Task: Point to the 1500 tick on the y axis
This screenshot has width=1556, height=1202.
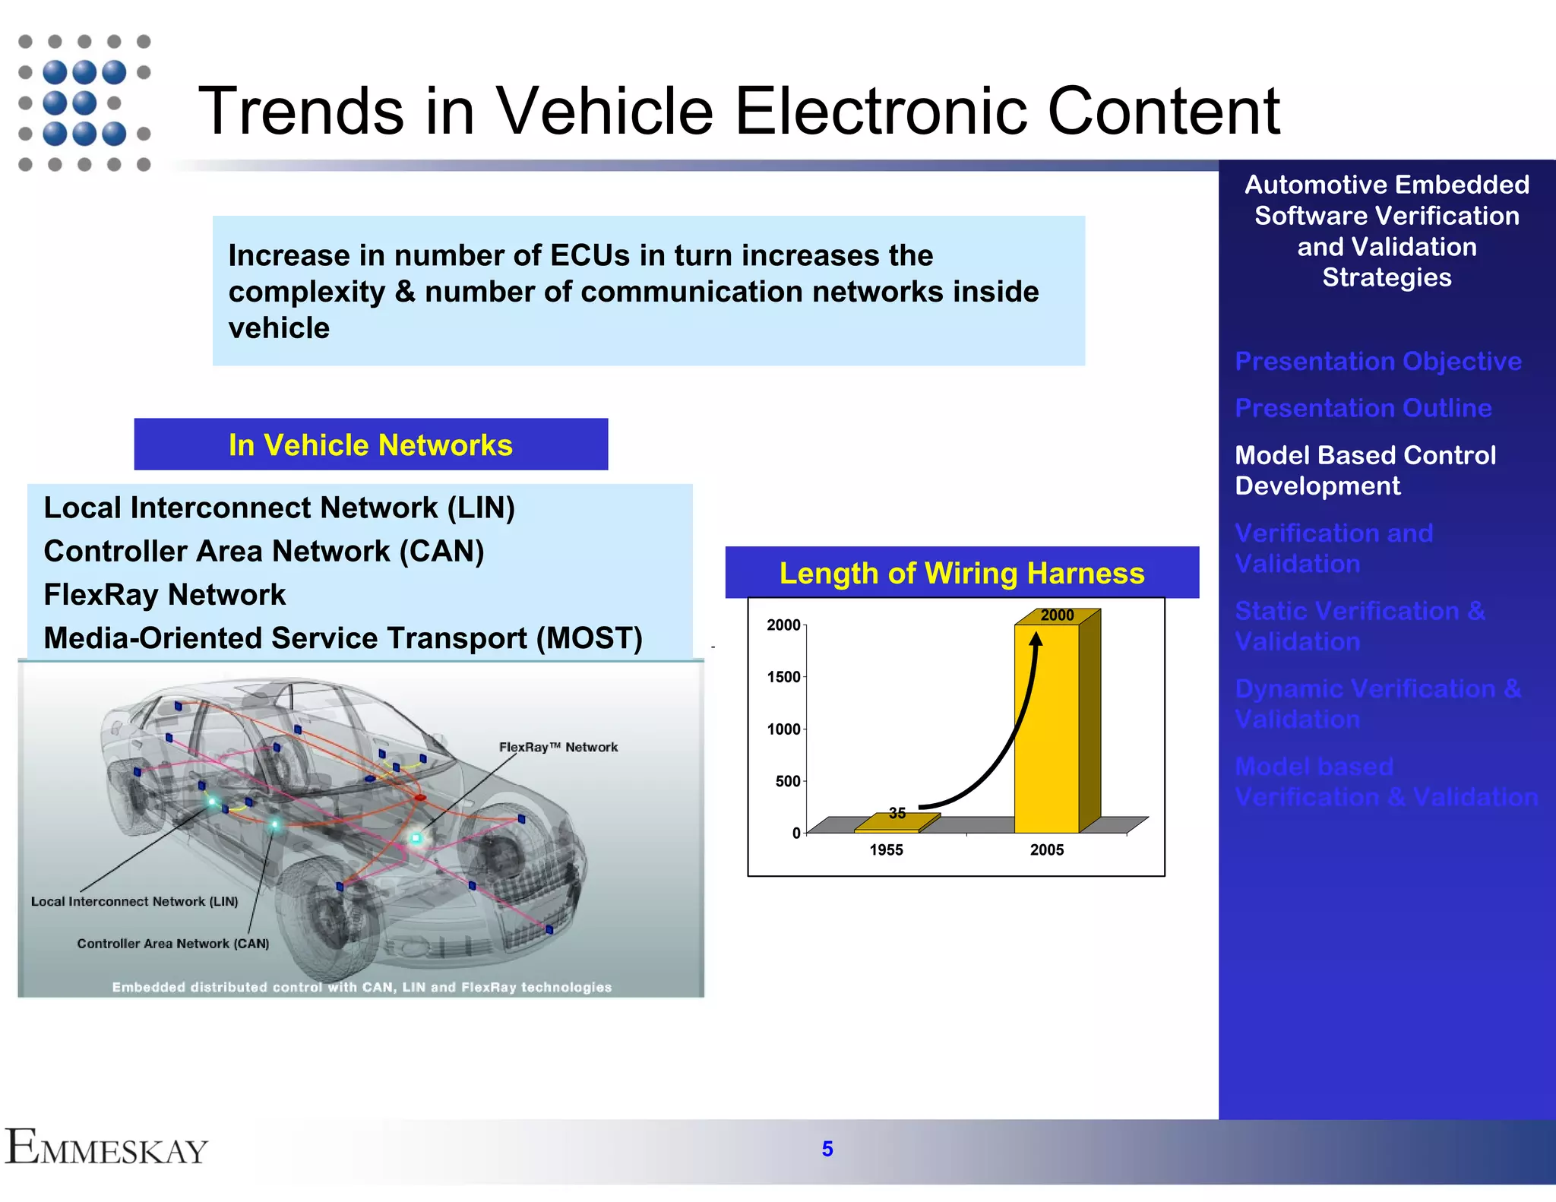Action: tap(783, 677)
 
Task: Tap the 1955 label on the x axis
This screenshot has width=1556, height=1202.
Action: tap(886, 850)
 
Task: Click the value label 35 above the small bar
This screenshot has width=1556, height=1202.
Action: tap(897, 813)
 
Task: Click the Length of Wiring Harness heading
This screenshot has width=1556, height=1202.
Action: tap(961, 573)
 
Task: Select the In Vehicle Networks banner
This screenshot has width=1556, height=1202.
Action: tap(371, 444)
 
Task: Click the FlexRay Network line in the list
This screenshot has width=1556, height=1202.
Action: tap(165, 594)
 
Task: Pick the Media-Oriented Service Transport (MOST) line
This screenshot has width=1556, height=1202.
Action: tap(343, 638)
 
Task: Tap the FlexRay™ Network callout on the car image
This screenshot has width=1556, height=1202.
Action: tap(558, 747)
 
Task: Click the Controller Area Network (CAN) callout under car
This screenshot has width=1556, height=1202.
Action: tap(173, 944)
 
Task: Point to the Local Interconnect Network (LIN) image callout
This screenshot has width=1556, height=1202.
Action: tap(134, 901)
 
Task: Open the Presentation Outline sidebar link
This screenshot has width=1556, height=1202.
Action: tap(1363, 408)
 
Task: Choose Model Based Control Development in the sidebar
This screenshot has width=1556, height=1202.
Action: tap(1365, 470)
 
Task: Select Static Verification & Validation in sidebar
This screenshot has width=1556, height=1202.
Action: tap(1359, 626)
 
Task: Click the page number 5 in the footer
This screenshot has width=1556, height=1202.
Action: tap(827, 1149)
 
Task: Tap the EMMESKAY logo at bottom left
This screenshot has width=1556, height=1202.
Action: tap(106, 1147)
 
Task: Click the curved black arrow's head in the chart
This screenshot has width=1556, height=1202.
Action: tap(1036, 639)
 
